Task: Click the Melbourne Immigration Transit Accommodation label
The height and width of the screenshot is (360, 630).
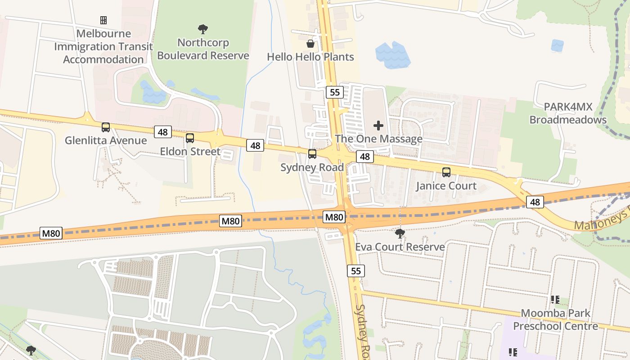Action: pos(103,46)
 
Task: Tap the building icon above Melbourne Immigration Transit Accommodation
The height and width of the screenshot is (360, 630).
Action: pos(103,20)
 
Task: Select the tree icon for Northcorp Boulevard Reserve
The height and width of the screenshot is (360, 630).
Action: pos(203,30)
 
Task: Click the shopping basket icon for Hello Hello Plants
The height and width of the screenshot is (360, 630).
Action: pos(310,44)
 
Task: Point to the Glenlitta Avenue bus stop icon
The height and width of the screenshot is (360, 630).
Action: pos(106,127)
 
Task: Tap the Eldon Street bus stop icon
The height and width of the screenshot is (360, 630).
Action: pos(190,138)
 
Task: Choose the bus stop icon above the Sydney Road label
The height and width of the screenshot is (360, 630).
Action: pos(312,154)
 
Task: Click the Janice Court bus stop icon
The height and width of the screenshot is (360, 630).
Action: pos(446,172)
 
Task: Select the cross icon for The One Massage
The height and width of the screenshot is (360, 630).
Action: pos(378,126)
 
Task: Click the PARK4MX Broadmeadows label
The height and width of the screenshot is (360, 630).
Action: pos(568,113)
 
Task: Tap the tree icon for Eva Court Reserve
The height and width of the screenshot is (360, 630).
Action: pos(400,233)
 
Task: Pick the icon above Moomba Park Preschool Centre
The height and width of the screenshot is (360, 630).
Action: pos(555,299)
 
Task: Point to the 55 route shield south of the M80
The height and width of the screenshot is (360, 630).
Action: pos(356,271)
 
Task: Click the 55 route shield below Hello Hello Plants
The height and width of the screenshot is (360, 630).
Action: pos(334,92)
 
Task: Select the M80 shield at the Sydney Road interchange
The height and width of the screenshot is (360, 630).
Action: pos(334,217)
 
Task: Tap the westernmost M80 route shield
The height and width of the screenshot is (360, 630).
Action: pos(51,233)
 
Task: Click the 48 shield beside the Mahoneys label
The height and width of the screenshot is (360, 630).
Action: pos(535,202)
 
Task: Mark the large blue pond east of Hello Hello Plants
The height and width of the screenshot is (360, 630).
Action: pos(392,55)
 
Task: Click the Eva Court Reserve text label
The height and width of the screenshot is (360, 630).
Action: pos(400,247)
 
